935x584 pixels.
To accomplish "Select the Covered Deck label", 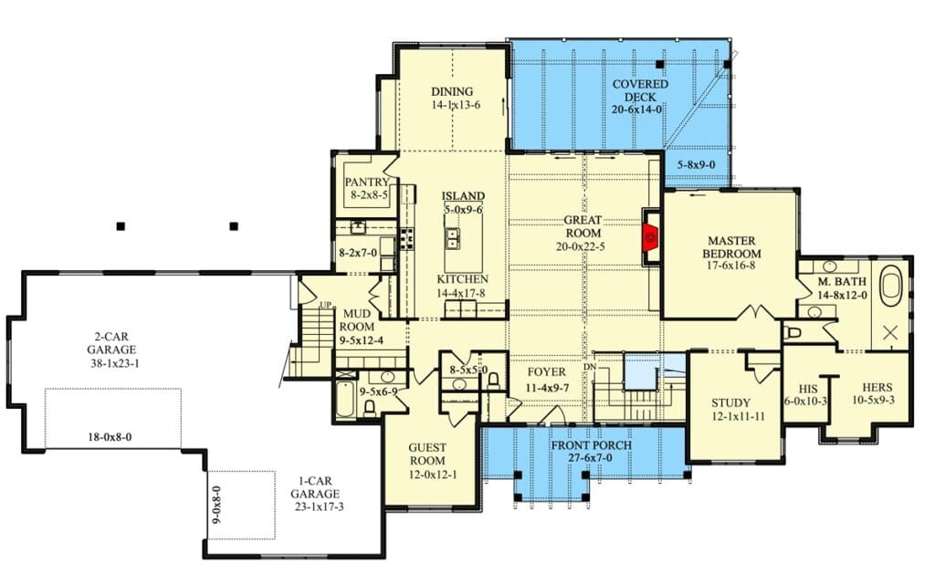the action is [640, 90].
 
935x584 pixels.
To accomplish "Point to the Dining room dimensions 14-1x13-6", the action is [457, 105].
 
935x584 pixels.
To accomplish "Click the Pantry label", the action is [367, 182].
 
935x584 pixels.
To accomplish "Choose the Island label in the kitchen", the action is [463, 196].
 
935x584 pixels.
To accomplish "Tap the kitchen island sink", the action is [453, 238].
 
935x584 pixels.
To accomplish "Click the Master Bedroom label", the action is [731, 246].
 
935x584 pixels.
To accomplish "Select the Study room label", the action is [731, 402].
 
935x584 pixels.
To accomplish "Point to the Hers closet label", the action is [877, 387].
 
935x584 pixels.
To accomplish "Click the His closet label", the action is [808, 389].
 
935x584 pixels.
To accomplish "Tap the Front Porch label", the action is [592, 445].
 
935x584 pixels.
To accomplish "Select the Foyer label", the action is [546, 372].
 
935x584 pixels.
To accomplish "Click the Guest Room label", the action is [427, 454].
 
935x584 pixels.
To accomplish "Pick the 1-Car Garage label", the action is [315, 487].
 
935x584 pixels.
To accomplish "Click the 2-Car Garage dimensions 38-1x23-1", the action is [115, 363].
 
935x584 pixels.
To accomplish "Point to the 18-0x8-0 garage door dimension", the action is [110, 437].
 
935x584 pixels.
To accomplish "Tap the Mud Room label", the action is [357, 320].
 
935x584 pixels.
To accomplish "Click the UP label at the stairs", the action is [326, 305].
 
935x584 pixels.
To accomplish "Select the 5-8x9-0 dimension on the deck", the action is [697, 165].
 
